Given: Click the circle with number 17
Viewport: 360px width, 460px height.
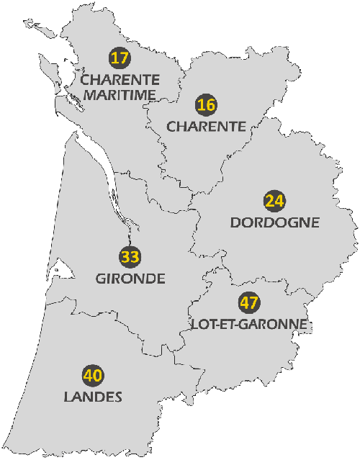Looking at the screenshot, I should coord(120,58).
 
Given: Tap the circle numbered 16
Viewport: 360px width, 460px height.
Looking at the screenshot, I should coord(206,105).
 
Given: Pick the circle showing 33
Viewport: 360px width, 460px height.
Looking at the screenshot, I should coord(130,257).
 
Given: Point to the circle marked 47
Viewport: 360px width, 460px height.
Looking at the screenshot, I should coord(249,303).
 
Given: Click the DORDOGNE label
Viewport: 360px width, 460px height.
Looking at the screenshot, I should coord(274,222).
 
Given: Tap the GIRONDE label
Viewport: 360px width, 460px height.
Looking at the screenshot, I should coord(130,279).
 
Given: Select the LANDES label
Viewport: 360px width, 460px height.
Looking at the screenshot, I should coord(93,397).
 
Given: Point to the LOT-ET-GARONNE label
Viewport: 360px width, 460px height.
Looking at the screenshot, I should coord(249,325).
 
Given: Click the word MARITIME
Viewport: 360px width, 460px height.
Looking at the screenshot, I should coord(120,94).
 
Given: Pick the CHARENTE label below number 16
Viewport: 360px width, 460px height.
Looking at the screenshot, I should coord(207,126).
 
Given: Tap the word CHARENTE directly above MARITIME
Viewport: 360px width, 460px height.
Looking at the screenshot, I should coord(120,78).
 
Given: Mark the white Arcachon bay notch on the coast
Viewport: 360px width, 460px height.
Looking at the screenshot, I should coord(63,270).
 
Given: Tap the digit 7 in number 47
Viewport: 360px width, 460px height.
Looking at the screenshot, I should coord(254,303).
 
